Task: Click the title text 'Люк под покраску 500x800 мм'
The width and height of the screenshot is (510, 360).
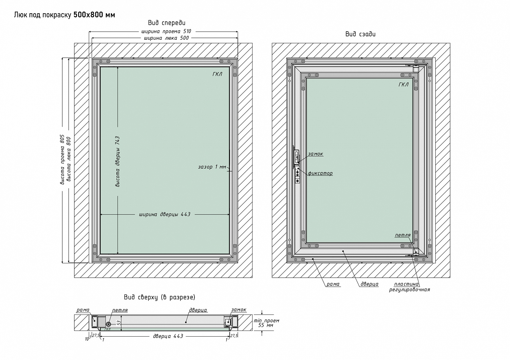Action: [x=65, y=15]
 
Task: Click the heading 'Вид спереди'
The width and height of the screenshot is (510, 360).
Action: [x=167, y=23]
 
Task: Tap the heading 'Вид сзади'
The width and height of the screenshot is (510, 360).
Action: [x=360, y=34]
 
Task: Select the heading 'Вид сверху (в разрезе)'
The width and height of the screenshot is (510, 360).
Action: [x=159, y=297]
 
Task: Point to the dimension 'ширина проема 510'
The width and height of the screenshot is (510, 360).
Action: [x=166, y=31]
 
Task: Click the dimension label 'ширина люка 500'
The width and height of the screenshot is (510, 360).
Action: [x=166, y=38]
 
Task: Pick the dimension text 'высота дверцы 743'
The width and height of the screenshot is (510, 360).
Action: [x=118, y=162]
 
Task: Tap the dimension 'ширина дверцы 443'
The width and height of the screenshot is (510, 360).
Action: [x=165, y=214]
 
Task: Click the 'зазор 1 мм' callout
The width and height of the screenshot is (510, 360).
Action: [x=212, y=167]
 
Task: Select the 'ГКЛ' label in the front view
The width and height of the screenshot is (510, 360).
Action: [x=217, y=74]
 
